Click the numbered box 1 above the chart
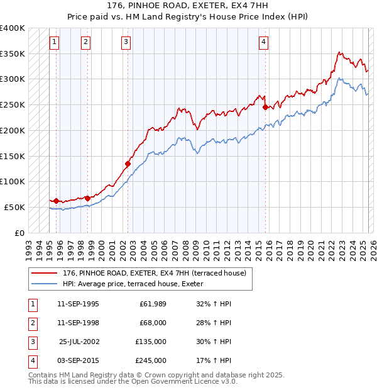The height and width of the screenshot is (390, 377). pos(55,42)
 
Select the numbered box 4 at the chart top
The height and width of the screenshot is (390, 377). pos(264,42)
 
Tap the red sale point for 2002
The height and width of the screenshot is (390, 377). pos(128,164)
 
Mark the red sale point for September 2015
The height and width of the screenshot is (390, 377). pos(265,107)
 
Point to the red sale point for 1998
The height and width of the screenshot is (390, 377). pos(87,198)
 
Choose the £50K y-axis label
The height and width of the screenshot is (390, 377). pos(15,207)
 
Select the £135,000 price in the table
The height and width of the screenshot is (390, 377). pos(151,342)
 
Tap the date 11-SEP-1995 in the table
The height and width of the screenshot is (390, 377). pos(78,304)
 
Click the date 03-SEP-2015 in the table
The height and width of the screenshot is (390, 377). pos(78,360)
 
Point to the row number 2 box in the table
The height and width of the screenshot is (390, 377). pos(31,323)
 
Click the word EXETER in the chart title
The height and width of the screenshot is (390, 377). pos(197,7)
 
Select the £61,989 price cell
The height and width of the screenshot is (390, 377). pos(153,304)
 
